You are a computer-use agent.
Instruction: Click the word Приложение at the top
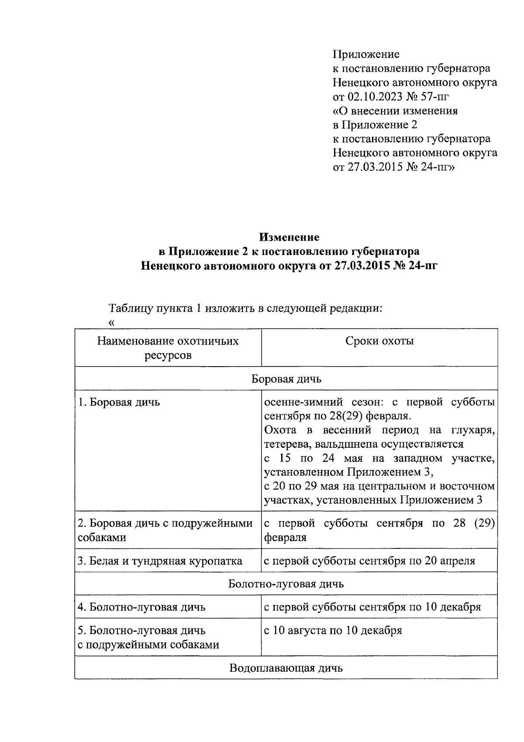[366, 55]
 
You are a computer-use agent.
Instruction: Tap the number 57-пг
[434, 97]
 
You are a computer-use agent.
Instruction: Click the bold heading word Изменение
[290, 237]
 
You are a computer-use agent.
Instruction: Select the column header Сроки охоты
[379, 341]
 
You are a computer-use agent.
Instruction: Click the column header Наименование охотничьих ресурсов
[168, 348]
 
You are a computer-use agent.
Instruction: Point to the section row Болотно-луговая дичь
[286, 584]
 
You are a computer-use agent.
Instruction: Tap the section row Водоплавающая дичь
[286, 668]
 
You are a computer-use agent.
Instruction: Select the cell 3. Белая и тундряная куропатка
[160, 561]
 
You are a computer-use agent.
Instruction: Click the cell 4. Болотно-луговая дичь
[141, 607]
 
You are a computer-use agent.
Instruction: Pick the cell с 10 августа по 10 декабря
[333, 631]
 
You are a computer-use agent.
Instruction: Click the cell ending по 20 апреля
[369, 561]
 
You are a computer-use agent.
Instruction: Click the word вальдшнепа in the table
[352, 444]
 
